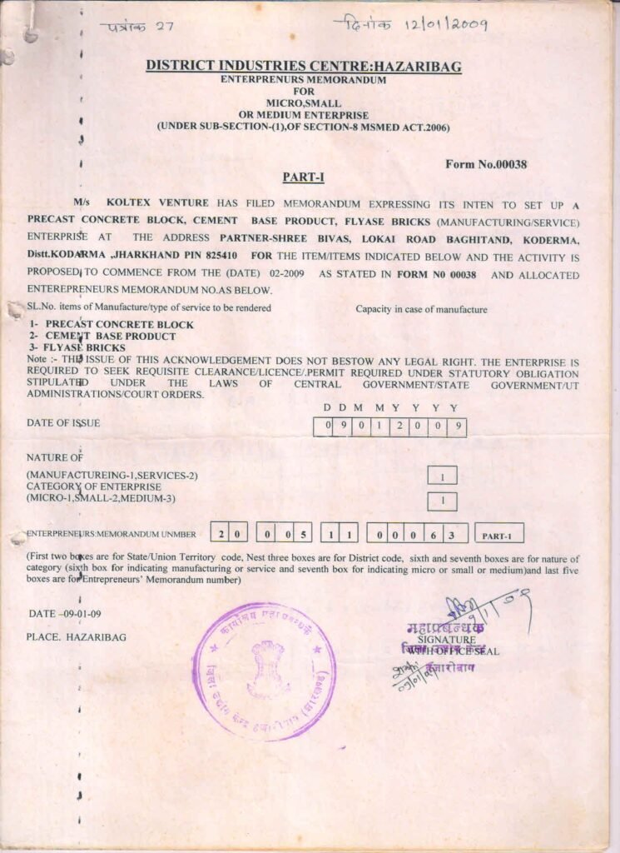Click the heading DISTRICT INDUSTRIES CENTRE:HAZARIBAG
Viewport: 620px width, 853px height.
pyautogui.click(x=303, y=66)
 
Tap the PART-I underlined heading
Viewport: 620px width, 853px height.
pyautogui.click(x=303, y=177)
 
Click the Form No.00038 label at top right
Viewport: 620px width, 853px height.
pyautogui.click(x=487, y=164)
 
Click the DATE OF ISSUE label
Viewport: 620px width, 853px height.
pyautogui.click(x=63, y=423)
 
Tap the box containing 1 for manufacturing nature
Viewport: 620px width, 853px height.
pyautogui.click(x=442, y=476)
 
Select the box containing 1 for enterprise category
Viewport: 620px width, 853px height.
pyautogui.click(x=442, y=501)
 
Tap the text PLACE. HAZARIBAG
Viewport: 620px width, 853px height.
pyautogui.click(x=77, y=637)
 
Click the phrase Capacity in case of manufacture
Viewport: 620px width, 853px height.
pyautogui.click(x=421, y=310)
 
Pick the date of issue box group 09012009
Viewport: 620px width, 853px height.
pyautogui.click(x=389, y=427)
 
